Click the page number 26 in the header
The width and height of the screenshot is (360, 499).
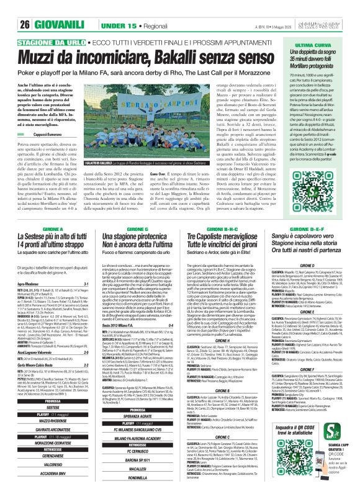pos(9,8)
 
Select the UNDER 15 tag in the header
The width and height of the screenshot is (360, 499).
pos(95,8)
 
